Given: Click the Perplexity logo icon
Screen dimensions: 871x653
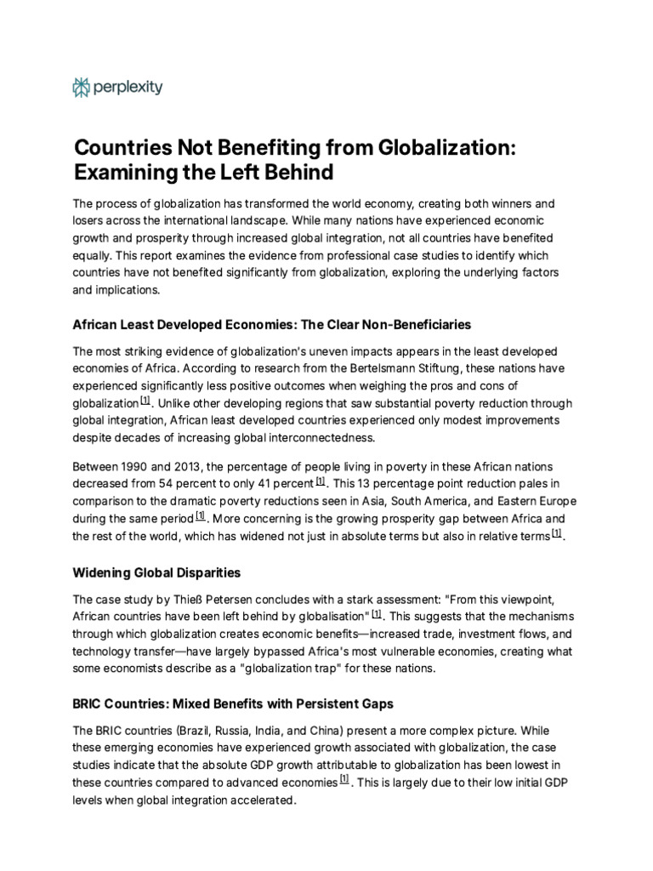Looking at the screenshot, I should pos(82,86).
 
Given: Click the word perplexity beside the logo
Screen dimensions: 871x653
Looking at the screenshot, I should pos(128,86).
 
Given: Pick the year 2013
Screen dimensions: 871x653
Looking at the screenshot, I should pos(191,466).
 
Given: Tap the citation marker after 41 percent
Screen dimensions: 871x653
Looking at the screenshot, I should pos(321,481).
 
